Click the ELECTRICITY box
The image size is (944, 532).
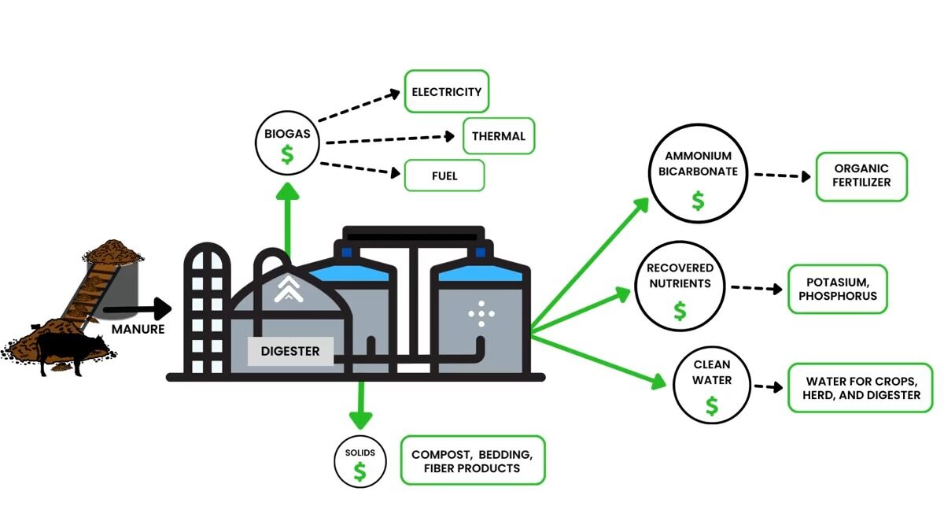[x=447, y=92]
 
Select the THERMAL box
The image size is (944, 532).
[x=499, y=136]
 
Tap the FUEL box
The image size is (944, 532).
[x=444, y=175]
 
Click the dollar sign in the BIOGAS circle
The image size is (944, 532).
[x=287, y=154]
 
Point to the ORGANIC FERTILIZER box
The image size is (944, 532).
[x=861, y=175]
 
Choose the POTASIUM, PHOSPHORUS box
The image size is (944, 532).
[x=837, y=289]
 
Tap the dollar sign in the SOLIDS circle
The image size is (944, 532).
[x=360, y=471]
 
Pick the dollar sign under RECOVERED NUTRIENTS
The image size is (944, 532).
[x=680, y=311]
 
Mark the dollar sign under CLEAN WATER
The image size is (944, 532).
[x=712, y=406]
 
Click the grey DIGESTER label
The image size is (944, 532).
[x=290, y=351]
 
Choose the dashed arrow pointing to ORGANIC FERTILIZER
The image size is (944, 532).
[x=782, y=175]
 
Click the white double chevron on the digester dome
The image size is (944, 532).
[x=289, y=291]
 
